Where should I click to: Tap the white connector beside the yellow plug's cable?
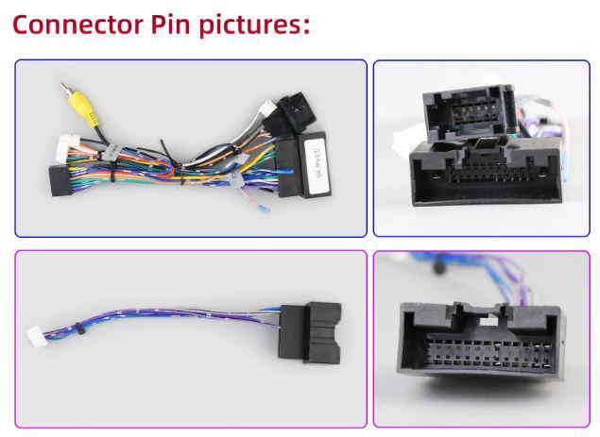tap(65, 147)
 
